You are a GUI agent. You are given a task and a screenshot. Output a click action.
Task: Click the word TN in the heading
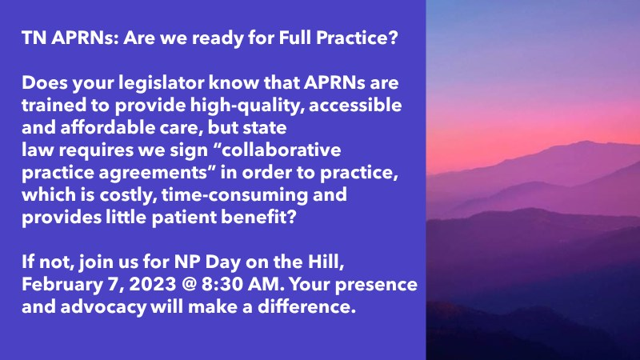pos(34,39)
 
